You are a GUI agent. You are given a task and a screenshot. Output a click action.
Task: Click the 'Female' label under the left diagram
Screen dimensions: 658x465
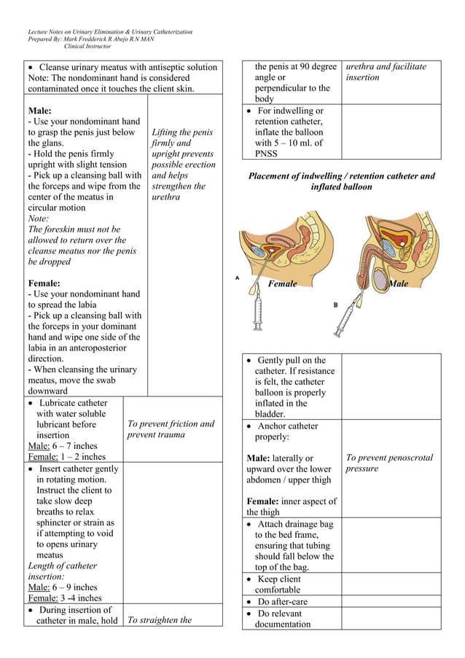pos(282,284)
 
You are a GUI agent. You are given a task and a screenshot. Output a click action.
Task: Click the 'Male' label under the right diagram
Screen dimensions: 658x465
pos(398,284)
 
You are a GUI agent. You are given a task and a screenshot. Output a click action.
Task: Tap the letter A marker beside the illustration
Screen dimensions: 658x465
pos(237,278)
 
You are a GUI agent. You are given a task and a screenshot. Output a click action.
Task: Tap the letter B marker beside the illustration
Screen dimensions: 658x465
pos(336,305)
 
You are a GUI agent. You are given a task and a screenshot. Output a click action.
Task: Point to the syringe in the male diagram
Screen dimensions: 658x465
pos(345,318)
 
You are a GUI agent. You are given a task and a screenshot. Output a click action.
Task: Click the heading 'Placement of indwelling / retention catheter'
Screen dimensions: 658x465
pos(341,176)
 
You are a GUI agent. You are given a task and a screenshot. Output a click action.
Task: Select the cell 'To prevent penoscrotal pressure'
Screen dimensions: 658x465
pos(389,463)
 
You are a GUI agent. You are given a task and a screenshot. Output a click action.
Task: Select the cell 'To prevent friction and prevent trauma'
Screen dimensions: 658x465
pos(171,429)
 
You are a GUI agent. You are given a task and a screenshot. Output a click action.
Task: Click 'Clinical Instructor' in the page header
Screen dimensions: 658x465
pos(87,46)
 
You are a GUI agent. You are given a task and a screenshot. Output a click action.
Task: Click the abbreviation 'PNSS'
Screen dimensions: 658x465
pos(266,154)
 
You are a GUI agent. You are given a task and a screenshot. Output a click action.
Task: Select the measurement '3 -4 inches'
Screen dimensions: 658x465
pos(79,598)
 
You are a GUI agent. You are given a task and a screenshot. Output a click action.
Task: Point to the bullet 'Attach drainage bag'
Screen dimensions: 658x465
pos(294,524)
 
